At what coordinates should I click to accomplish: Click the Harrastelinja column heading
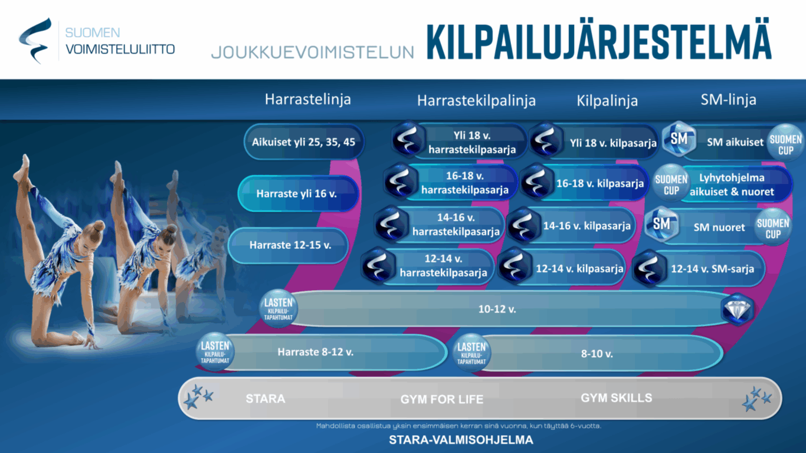[x=307, y=99]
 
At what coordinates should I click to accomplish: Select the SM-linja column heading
[x=728, y=100]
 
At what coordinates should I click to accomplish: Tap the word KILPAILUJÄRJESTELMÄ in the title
[x=599, y=38]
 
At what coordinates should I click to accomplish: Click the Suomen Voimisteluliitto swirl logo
[x=35, y=41]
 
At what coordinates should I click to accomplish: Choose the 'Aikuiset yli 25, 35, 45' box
[x=304, y=142]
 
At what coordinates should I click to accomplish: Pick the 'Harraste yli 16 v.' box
[x=297, y=193]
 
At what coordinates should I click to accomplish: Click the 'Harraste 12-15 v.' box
[x=289, y=245]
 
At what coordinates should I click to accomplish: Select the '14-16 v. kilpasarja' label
[x=587, y=226]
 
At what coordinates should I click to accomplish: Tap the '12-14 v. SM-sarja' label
[x=712, y=269]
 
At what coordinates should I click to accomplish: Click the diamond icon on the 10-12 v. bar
[x=737, y=310]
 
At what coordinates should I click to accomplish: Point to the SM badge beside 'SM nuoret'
[x=661, y=224]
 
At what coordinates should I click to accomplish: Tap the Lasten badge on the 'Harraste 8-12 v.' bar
[x=215, y=352]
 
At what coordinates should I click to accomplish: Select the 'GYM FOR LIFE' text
[x=442, y=399]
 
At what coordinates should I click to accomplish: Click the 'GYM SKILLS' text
[x=617, y=398]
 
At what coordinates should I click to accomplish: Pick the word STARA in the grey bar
[x=266, y=399]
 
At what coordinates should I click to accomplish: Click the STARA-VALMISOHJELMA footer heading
[x=461, y=439]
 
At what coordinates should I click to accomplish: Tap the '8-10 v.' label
[x=597, y=354]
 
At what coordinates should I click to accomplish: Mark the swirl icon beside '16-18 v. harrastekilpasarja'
[x=400, y=181]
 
